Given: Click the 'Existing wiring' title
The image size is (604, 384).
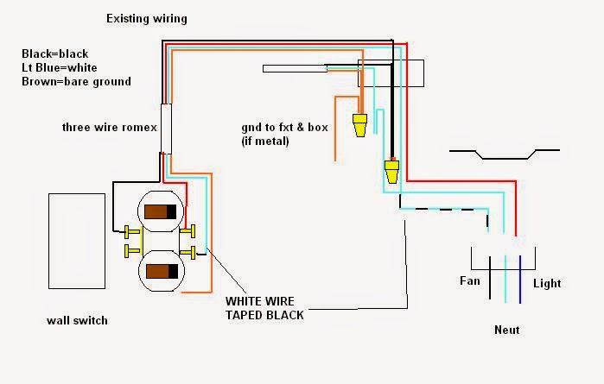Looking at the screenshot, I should click(x=146, y=18).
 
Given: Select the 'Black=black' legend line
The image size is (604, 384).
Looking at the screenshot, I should click(x=54, y=54).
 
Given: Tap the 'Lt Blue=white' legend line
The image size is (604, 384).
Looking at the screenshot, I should click(x=60, y=67).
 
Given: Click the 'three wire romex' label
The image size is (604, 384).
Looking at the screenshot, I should click(x=109, y=128).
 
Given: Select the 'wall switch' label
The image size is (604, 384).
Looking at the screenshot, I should click(x=77, y=321).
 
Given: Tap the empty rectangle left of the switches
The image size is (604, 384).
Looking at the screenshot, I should click(x=75, y=241).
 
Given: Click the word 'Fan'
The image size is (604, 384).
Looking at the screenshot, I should click(x=470, y=281).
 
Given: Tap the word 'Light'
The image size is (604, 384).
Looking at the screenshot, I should click(x=547, y=283).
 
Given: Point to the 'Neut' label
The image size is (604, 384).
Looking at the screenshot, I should click(x=506, y=330).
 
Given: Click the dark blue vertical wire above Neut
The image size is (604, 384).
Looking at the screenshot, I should click(x=519, y=280).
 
